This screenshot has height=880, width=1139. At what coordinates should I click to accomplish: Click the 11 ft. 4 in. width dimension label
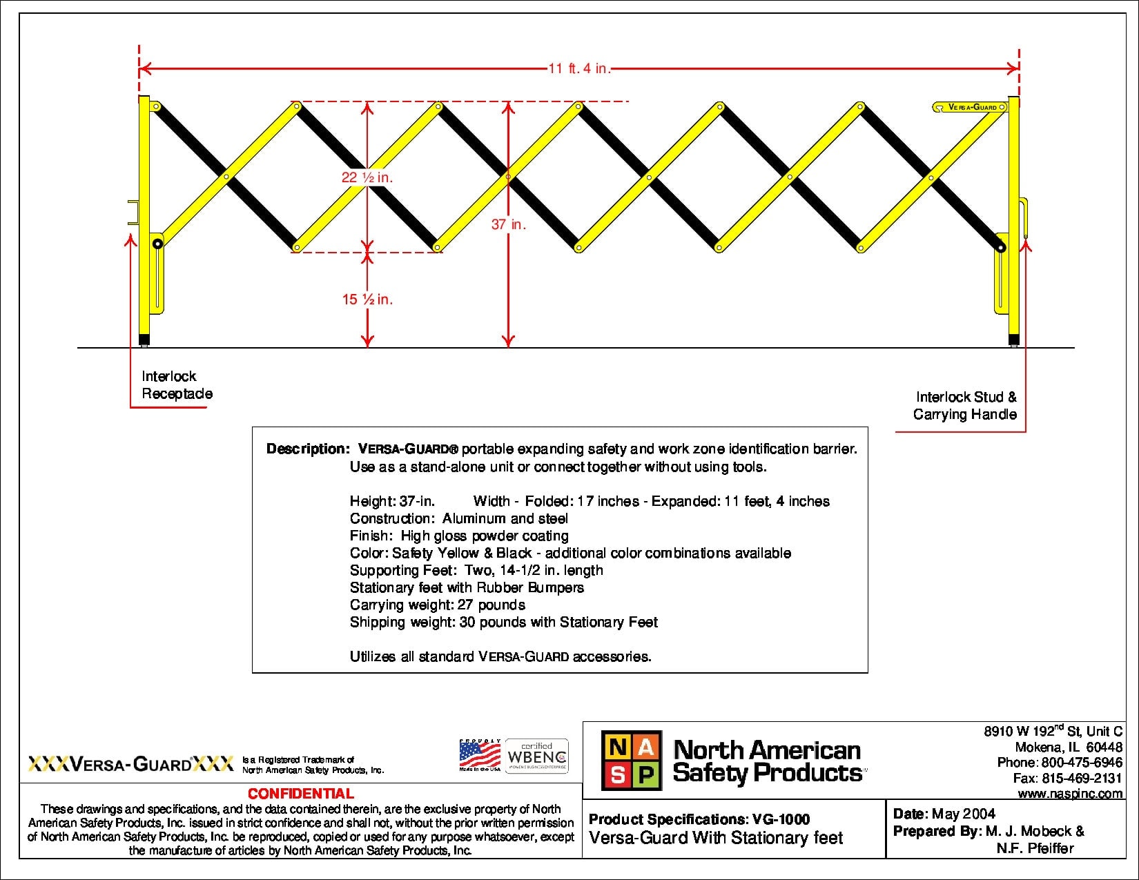pos(579,68)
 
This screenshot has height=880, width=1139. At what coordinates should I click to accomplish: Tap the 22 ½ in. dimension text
pos(367,177)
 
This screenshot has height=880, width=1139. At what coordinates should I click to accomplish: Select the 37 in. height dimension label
pos(508,224)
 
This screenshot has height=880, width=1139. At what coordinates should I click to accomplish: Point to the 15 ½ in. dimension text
pos(367,299)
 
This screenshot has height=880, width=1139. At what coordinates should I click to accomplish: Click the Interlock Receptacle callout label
pos(177,385)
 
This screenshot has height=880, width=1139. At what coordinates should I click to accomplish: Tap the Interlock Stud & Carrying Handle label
pos(964,406)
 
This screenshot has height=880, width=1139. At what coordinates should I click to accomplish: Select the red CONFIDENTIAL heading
pos(300,794)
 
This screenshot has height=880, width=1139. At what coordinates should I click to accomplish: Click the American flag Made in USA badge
pos(480,756)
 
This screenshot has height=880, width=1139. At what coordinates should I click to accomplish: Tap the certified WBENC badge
pos(537,756)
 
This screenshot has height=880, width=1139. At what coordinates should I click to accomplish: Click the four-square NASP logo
pos(631,761)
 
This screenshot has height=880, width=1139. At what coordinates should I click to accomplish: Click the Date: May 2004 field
pos(944,814)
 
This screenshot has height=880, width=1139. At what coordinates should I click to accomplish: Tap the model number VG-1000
pos(781,820)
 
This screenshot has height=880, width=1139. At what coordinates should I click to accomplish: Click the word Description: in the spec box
pos(308,449)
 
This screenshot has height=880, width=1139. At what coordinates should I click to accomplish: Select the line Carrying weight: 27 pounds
pos(437,605)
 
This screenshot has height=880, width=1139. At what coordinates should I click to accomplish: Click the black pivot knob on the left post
pos(158,244)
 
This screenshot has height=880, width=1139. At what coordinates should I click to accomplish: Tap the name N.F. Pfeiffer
pos(1035,848)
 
